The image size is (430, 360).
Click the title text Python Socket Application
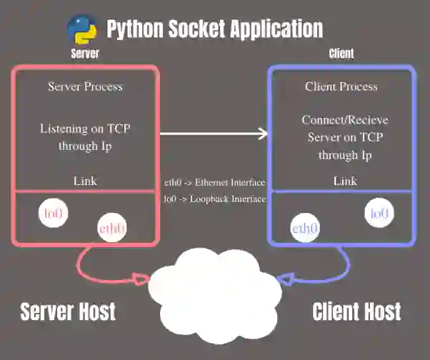[214, 29]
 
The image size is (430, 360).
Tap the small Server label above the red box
[84, 54]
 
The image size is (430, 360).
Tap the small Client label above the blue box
[341, 54]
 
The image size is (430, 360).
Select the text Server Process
[85, 86]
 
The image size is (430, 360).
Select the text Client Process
[341, 86]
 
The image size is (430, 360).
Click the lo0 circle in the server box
[53, 214]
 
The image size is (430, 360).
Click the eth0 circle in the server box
[112, 229]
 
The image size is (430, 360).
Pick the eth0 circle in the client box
[305, 229]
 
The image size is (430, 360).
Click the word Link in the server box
[85, 181]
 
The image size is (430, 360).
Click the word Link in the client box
[345, 181]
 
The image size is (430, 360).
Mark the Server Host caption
[68, 311]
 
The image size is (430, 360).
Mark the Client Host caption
[356, 311]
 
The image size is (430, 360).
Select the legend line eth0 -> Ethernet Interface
[214, 183]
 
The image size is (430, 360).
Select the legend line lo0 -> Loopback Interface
[214, 199]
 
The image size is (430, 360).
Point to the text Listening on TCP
[85, 129]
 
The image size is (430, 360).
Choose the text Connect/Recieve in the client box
[345, 120]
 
